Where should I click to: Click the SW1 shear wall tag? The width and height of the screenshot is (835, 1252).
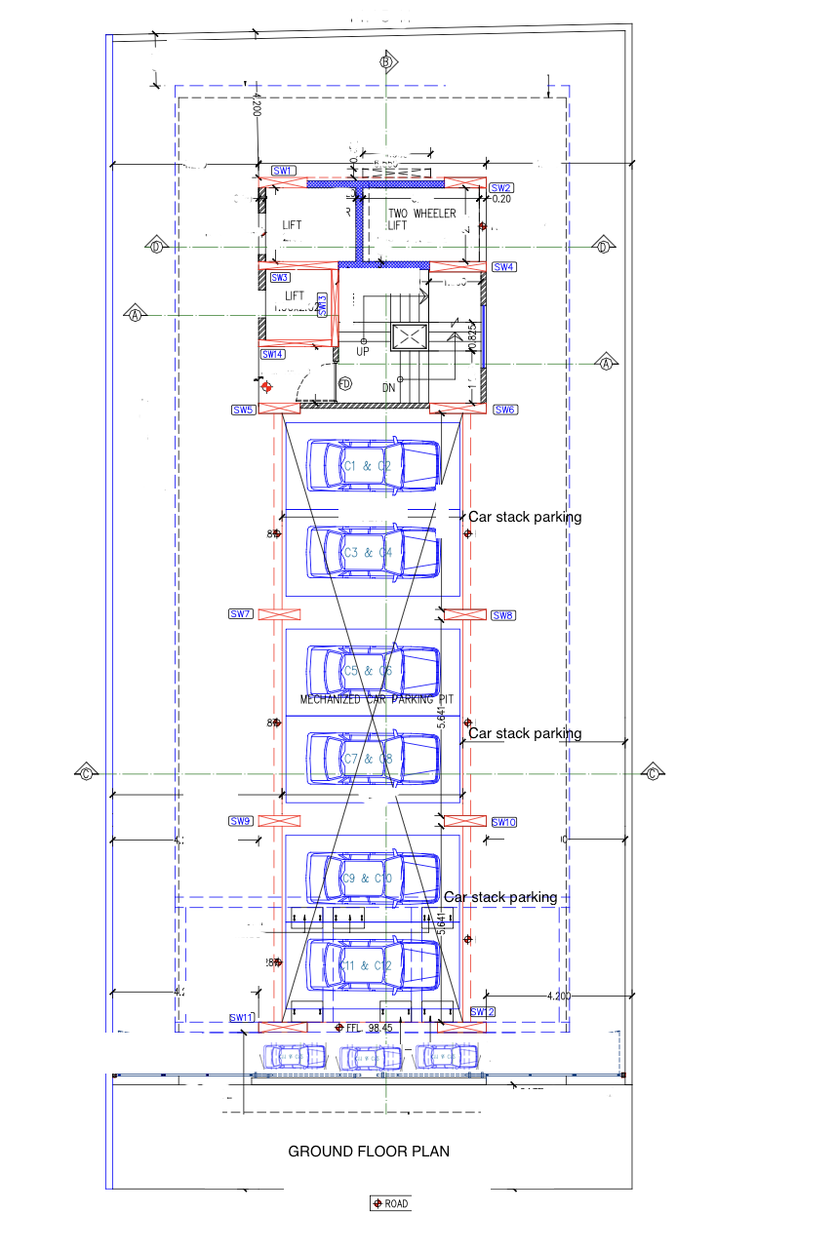(x=283, y=171)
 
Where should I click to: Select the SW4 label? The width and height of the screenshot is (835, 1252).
(x=503, y=267)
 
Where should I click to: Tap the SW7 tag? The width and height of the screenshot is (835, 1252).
(x=240, y=614)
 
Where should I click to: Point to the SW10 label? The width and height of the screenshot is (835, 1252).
(x=503, y=822)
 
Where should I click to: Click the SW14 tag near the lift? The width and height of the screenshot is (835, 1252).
(x=272, y=354)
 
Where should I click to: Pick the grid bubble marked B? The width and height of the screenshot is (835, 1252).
(x=387, y=62)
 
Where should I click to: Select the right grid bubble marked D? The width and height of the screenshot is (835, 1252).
(x=604, y=246)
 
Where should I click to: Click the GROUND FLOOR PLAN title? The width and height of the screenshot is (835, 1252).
(x=369, y=1152)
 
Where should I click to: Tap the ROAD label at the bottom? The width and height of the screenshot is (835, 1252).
(x=390, y=1203)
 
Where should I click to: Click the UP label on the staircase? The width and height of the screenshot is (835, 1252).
(x=363, y=351)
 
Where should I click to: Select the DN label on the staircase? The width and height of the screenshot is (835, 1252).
(x=389, y=387)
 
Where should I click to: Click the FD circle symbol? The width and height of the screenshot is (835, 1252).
(x=344, y=384)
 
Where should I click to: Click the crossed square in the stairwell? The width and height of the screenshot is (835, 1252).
(x=409, y=337)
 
